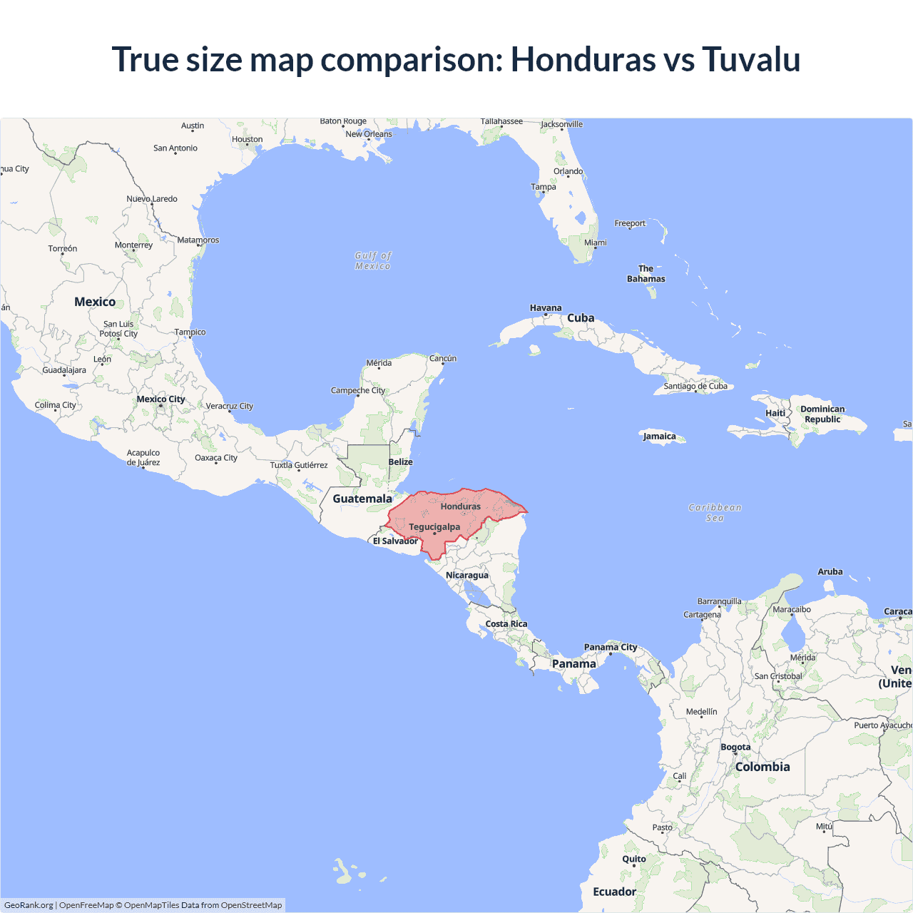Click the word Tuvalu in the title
pos(751,59)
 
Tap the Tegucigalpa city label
pos(434,527)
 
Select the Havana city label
pos(546,308)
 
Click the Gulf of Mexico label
pos(373,261)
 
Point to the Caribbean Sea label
pos(715,513)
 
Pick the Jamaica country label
pos(659,437)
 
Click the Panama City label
pos(611,648)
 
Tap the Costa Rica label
pos(506,624)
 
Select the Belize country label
pos(401,462)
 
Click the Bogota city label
pos(735,748)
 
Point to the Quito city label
pos(634,860)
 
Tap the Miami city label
pos(596,243)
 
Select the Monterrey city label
pos(133,245)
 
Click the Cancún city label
pos(443,359)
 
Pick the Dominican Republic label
pos(822,414)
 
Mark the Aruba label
pos(830,572)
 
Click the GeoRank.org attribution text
pos(29,905)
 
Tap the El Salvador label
pos(395,541)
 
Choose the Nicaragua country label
pos(467,576)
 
